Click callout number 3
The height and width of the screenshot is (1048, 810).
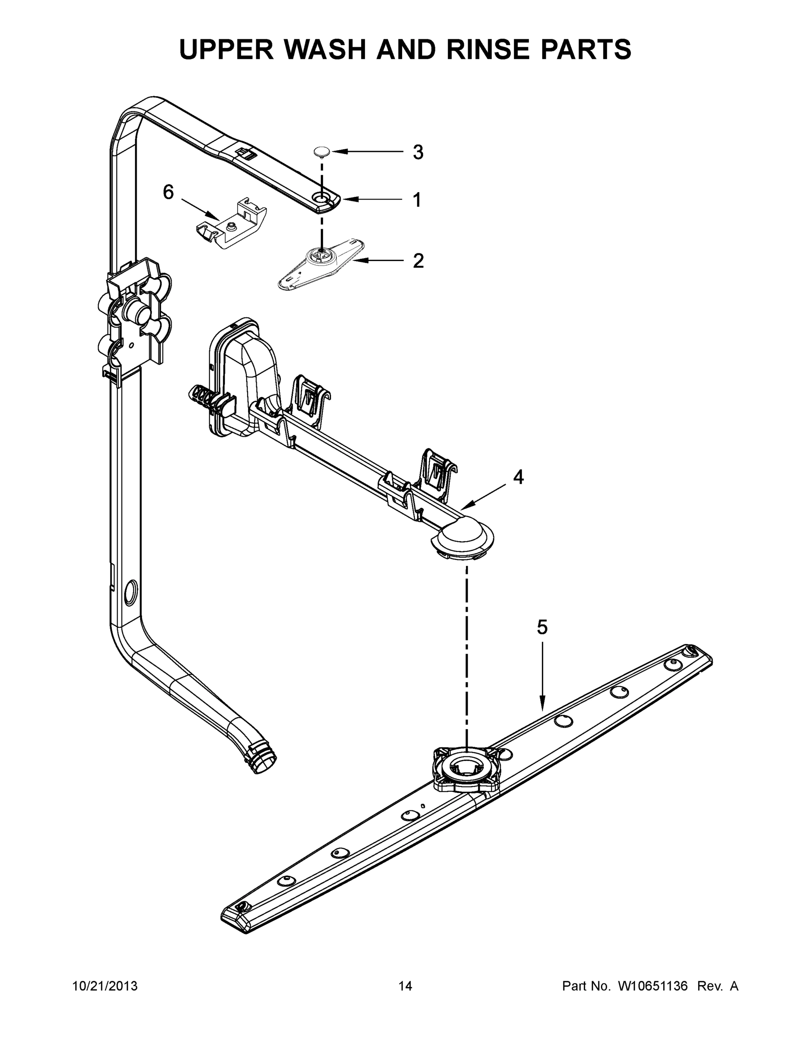point(418,152)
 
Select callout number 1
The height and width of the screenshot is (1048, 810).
point(417,200)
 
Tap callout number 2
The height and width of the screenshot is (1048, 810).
point(418,261)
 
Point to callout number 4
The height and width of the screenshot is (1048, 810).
point(518,477)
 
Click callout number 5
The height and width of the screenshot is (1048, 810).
point(542,627)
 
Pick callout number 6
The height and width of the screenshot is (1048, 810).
point(169,193)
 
